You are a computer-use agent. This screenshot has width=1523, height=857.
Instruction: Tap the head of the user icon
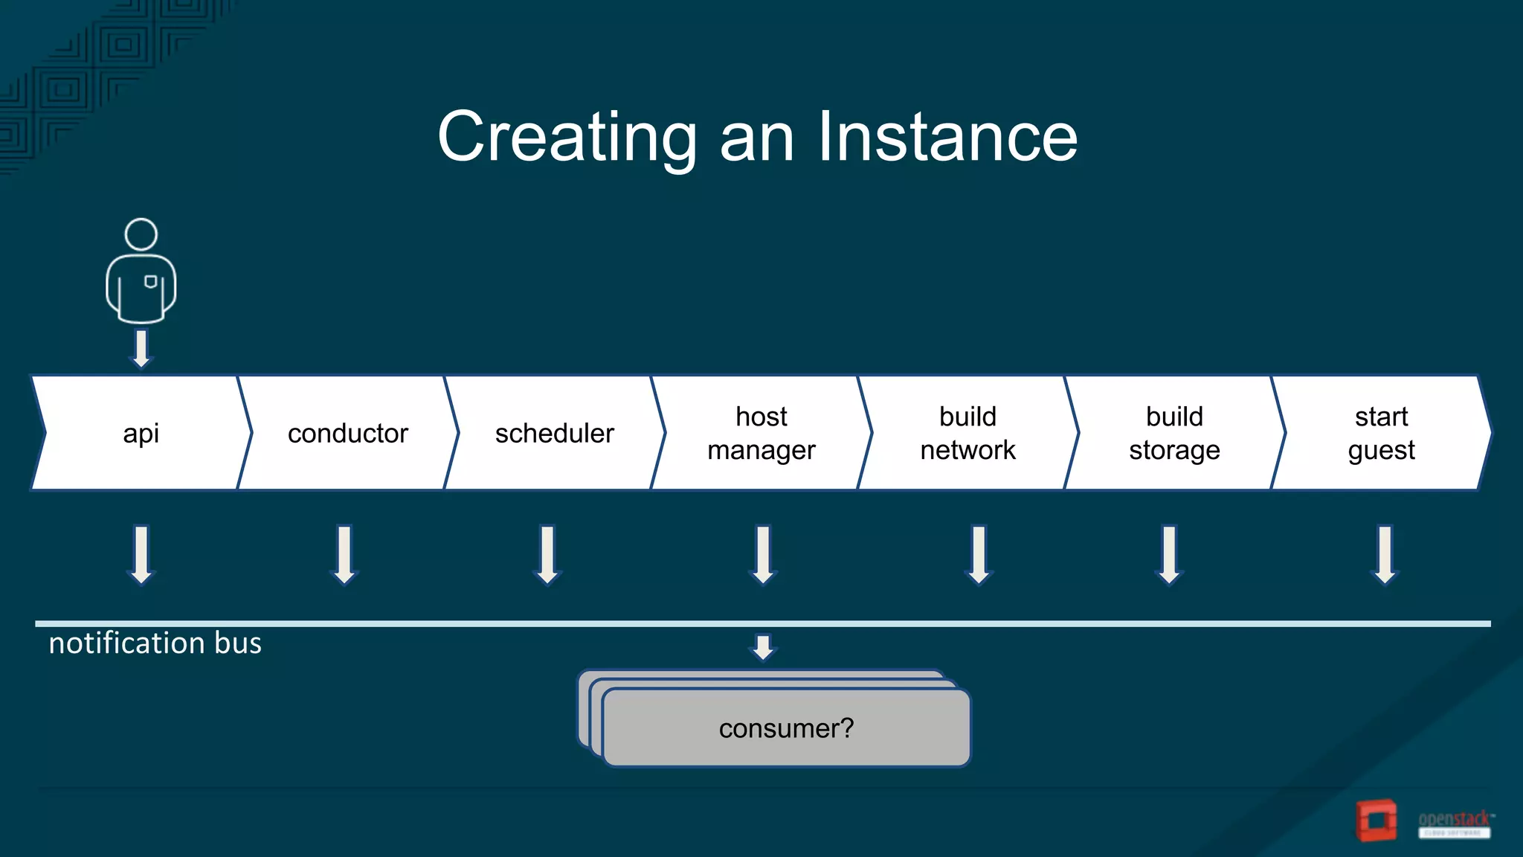coord(141,234)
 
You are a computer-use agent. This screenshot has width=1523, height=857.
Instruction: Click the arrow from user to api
coord(141,348)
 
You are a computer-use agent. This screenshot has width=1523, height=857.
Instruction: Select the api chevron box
coord(141,433)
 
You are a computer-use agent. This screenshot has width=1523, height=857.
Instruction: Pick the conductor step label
coord(347,433)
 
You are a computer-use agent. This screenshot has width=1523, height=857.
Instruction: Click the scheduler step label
coord(554,433)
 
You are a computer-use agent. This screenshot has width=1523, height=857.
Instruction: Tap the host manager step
coord(761,433)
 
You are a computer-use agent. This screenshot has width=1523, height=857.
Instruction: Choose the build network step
coord(967,433)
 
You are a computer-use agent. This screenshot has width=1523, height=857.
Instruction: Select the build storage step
coord(1174,433)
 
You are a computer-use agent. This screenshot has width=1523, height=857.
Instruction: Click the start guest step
coord(1381,433)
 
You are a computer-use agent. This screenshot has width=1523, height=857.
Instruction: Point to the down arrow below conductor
coord(344,555)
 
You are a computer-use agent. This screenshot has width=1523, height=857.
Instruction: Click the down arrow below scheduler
coord(547,555)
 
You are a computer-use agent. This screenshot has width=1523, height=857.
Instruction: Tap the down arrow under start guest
coord(1385,555)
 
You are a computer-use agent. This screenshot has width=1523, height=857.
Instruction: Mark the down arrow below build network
coord(979,555)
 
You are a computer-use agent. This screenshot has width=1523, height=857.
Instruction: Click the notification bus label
coord(155,643)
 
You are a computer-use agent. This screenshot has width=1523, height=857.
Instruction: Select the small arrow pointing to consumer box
coord(763,646)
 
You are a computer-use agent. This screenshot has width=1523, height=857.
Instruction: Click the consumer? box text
coord(786,728)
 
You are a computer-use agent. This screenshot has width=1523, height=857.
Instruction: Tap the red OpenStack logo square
coord(1377,821)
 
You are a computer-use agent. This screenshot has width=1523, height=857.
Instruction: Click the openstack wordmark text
coord(1454,819)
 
